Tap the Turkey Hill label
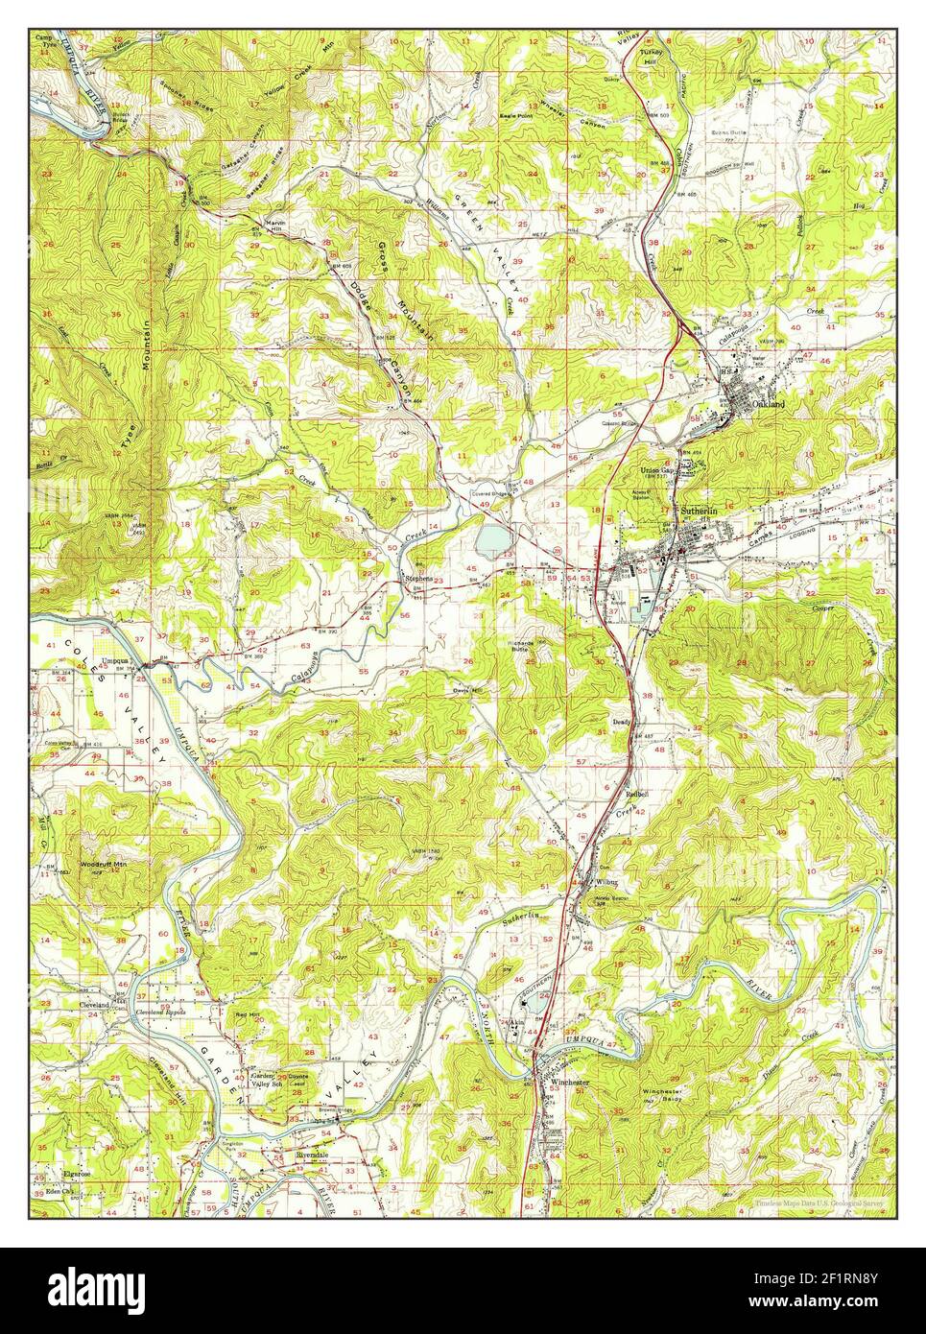pos(653,29)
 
